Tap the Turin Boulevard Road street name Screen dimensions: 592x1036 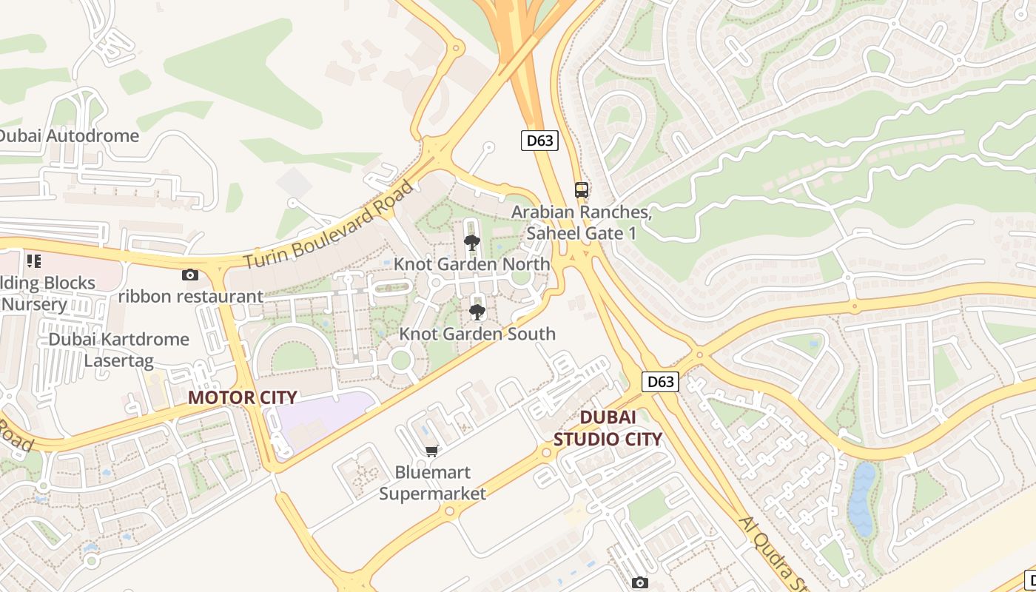click(x=329, y=225)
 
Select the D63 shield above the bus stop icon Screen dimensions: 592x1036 click(x=539, y=141)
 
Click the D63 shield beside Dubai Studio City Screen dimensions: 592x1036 click(x=660, y=381)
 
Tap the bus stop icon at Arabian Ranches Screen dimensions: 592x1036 click(x=582, y=189)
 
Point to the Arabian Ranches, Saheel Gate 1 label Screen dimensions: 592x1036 click(x=582, y=222)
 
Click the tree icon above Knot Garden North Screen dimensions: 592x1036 click(x=471, y=242)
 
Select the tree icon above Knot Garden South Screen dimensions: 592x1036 click(x=477, y=312)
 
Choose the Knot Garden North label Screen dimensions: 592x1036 click(x=471, y=264)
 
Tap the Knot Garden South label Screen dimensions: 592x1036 click(x=477, y=334)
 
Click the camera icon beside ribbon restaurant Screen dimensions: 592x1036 click(x=190, y=275)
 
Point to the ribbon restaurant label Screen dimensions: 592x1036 click(x=191, y=297)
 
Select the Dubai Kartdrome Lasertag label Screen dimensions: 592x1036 click(x=118, y=350)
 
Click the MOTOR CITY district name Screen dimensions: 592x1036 click(x=242, y=397)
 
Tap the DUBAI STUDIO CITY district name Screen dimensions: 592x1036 click(x=608, y=428)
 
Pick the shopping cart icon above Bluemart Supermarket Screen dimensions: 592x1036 click(x=432, y=450)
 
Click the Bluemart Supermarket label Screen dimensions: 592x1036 click(x=432, y=482)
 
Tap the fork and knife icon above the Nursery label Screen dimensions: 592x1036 click(x=33, y=260)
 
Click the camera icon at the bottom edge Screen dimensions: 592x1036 click(x=640, y=583)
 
